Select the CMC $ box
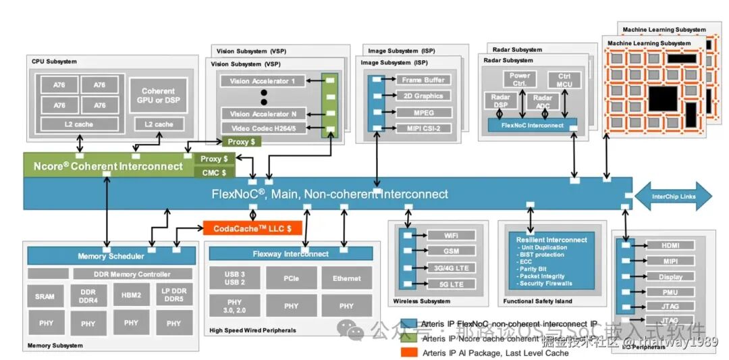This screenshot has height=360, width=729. (215, 172)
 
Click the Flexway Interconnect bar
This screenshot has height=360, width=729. (290, 254)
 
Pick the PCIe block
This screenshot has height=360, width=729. (291, 278)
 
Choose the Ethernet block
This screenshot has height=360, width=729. (346, 278)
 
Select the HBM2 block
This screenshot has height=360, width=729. (131, 295)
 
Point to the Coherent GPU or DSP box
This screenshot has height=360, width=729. (158, 95)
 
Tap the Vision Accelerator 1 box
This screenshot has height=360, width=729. (263, 81)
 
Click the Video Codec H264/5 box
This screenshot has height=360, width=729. (263, 128)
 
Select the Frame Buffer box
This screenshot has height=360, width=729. (423, 80)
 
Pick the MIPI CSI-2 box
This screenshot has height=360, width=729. (423, 128)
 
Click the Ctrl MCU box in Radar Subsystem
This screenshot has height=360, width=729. (564, 79)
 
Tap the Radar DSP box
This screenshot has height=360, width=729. (500, 102)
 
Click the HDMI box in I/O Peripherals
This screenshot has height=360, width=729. (670, 245)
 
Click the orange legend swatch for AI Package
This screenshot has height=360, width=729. (408, 352)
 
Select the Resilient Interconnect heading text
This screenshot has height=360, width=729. (551, 240)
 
